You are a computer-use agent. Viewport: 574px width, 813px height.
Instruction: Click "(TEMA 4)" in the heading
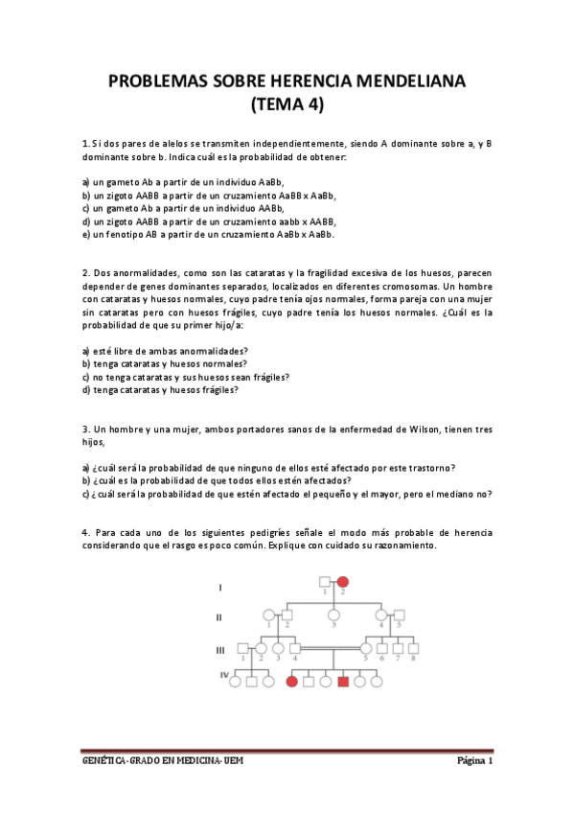point(287,105)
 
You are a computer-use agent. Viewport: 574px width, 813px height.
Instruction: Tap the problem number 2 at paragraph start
point(85,272)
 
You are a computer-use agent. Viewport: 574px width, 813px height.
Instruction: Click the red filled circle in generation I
point(342,581)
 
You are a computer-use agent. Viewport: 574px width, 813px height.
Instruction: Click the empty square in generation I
point(326,581)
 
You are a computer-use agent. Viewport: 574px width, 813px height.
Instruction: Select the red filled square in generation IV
point(342,682)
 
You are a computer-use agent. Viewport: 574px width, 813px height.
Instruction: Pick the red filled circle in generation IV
point(292,682)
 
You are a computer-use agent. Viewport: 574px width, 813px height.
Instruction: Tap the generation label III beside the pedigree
point(220,649)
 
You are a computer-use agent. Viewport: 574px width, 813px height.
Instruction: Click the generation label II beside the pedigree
point(219,616)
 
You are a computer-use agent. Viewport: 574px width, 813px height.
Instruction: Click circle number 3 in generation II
point(333,616)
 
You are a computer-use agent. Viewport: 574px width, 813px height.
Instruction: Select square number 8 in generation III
point(413,649)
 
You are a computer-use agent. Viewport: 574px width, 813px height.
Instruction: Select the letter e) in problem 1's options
point(85,234)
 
